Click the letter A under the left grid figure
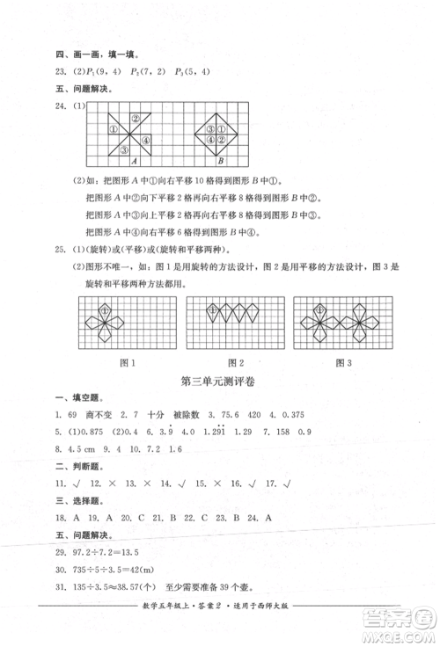coord(134,162)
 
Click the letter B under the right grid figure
coord(221,162)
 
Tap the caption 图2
coord(235,362)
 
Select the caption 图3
coord(344,362)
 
